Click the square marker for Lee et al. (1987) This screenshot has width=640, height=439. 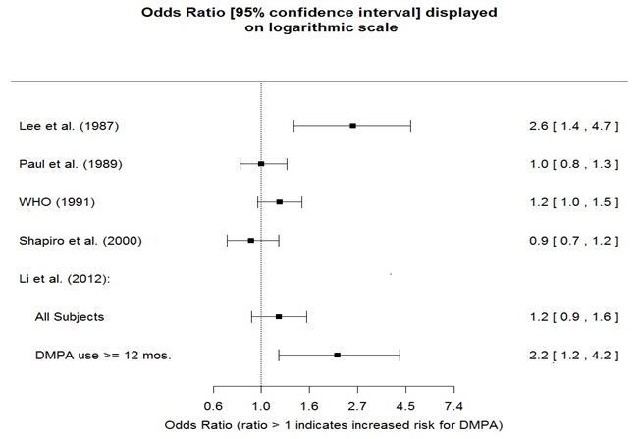[352, 126]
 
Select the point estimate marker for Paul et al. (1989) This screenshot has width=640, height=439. [261, 164]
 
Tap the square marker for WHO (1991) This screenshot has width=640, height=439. [279, 202]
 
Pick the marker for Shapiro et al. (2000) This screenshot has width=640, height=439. [250, 240]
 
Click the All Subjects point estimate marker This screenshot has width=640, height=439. [279, 317]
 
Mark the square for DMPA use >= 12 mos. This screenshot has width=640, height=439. [337, 355]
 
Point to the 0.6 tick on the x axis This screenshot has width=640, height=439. [213, 405]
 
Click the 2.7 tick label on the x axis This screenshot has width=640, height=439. [357, 405]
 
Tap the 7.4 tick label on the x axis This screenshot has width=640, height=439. [453, 405]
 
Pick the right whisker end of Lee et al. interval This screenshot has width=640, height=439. [410, 126]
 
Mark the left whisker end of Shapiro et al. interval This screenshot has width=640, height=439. [227, 240]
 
